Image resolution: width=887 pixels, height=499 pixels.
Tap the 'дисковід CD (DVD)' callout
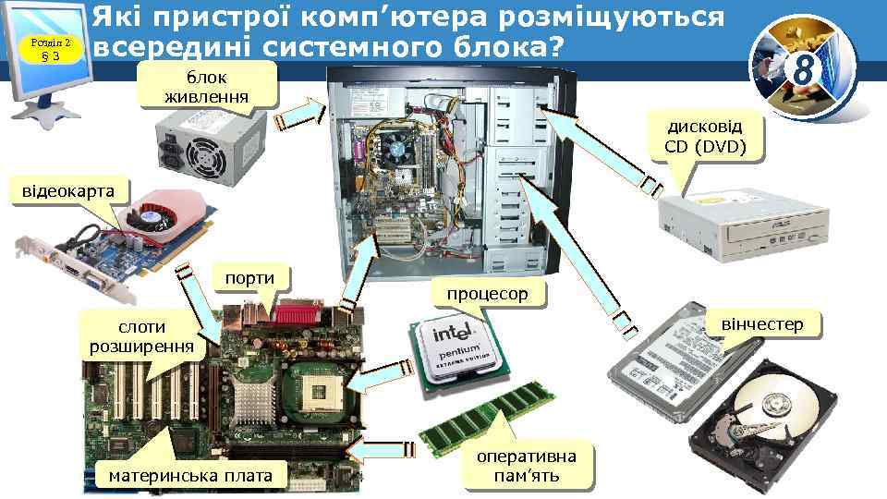tap(704, 136)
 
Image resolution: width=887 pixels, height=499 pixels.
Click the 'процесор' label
tap(487, 294)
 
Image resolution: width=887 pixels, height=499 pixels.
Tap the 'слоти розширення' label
tap(141, 338)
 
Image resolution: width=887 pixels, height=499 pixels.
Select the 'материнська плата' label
tap(190, 476)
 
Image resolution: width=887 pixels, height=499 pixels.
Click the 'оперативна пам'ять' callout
tap(526, 466)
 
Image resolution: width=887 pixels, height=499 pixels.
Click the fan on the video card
tap(150, 218)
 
